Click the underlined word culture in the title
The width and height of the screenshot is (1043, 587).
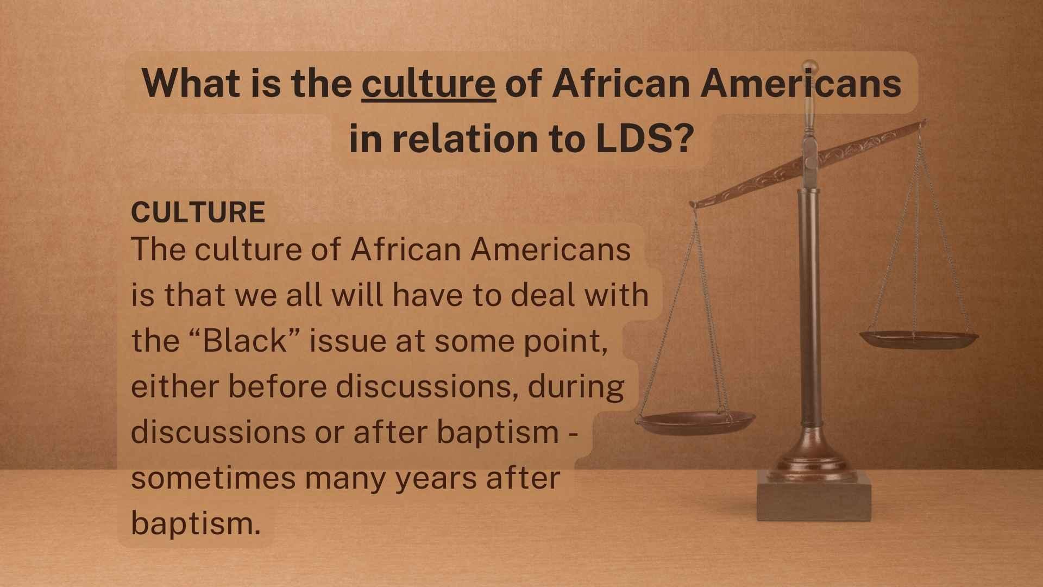429,84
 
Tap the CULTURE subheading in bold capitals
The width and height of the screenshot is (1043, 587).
198,213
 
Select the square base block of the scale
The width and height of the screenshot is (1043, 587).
814,496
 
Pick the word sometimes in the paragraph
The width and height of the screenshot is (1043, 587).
213,479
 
